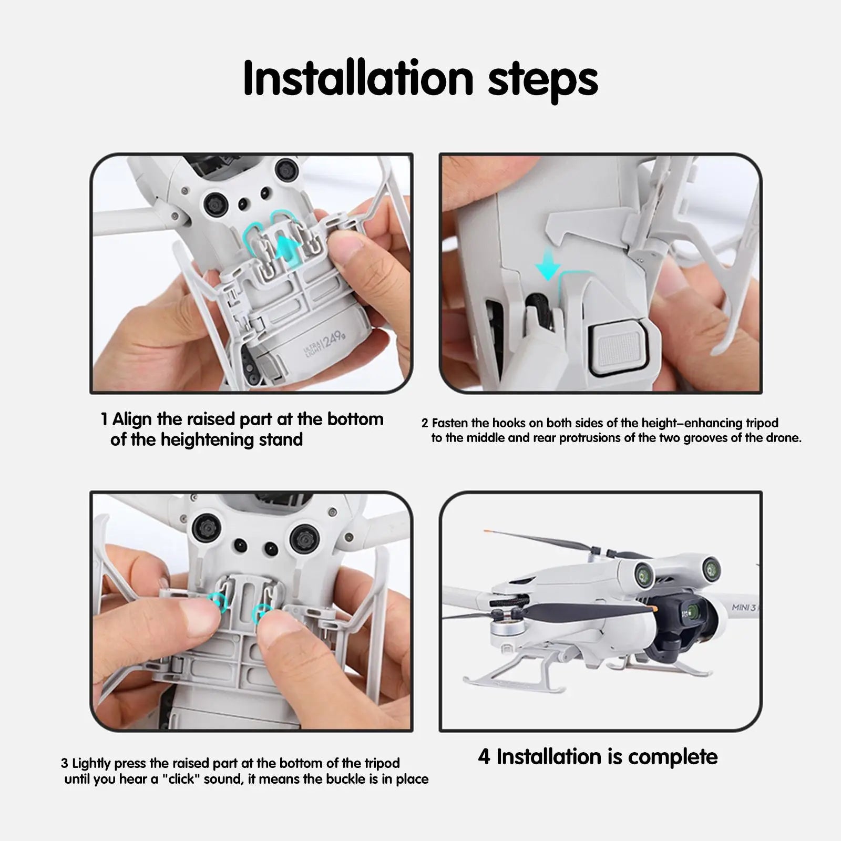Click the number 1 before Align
104,419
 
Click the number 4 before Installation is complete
484,757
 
